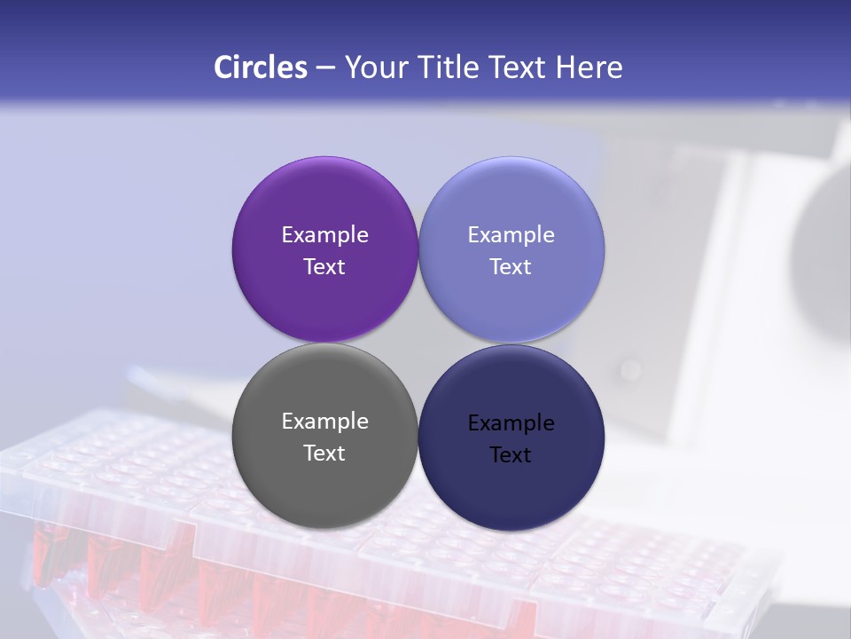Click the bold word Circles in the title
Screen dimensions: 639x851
(261, 67)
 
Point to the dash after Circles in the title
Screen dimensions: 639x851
(325, 68)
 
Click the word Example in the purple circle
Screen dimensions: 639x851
(324, 235)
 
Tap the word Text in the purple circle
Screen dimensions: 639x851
(324, 267)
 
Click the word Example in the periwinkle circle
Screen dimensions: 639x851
(511, 235)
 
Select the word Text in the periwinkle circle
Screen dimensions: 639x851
(511, 267)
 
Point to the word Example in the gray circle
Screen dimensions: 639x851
(324, 422)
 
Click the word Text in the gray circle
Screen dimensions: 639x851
(324, 454)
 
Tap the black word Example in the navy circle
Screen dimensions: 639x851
(511, 423)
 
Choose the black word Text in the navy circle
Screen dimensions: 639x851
(511, 455)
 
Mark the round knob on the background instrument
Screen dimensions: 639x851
(630, 368)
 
